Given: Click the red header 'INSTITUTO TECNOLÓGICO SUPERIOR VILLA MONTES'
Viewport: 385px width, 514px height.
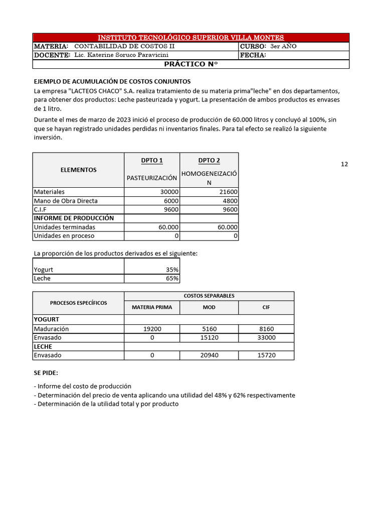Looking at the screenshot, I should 190,38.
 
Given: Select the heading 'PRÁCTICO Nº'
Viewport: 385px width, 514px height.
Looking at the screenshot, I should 191,64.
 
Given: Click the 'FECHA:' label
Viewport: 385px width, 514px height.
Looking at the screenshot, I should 253,55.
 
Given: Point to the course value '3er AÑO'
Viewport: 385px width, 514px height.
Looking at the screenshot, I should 283,46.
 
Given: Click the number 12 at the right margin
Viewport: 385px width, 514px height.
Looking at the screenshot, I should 344,164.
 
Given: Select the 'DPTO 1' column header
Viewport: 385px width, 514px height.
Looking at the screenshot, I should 152,161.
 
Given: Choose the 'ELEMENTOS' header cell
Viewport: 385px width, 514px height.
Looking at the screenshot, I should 78,170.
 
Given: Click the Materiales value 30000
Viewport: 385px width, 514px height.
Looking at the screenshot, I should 169,192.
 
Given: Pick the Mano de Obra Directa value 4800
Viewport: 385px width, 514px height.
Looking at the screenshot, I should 230,201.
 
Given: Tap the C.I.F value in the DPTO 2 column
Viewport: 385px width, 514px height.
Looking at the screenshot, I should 230,209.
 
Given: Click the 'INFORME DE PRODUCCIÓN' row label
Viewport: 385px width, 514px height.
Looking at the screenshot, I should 74,218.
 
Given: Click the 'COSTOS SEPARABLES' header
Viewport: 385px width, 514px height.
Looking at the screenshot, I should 209,296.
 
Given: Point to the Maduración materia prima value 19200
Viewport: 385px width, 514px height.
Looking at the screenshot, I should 152,329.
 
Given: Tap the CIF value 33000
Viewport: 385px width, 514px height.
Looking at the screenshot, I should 266,337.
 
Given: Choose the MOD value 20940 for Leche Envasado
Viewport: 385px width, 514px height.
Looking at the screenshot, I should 209,355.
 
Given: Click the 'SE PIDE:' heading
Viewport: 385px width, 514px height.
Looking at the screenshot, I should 46,373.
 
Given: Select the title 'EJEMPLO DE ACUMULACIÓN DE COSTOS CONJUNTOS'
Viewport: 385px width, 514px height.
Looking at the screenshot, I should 112,81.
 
